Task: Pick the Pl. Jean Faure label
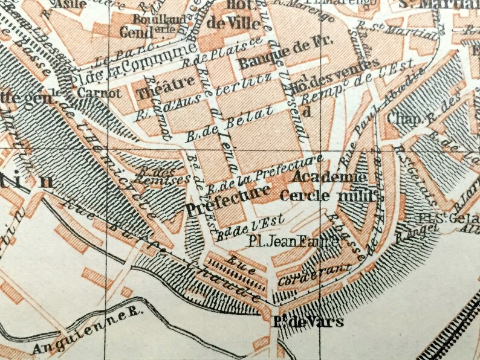[x=284, y=241]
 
